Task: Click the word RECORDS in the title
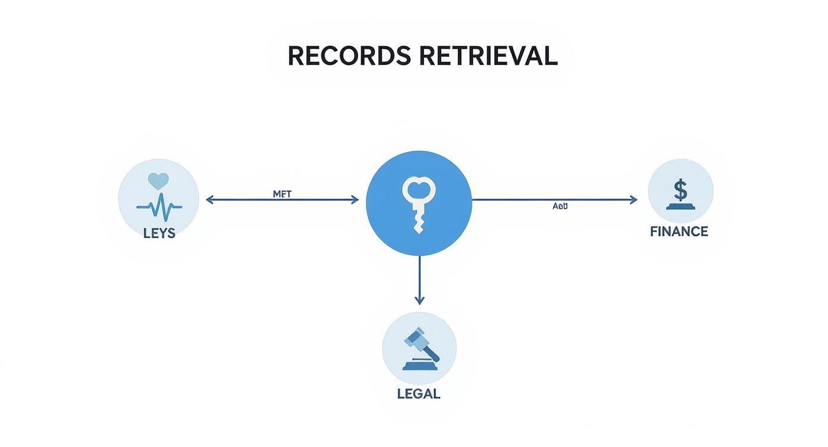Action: tap(349, 56)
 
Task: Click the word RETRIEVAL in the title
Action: tap(488, 56)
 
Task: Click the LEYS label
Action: tap(159, 234)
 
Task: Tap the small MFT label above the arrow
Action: tap(282, 194)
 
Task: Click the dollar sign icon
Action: tap(680, 190)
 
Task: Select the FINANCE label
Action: tap(679, 232)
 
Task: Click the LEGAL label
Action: tap(419, 394)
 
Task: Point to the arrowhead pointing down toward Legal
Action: tap(419, 300)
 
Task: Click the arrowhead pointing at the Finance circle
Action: tap(633, 200)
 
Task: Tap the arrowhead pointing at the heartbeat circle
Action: tap(210, 200)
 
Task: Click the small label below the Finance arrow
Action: tap(560, 206)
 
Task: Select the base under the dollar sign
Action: tap(680, 206)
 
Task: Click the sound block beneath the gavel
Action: tap(419, 365)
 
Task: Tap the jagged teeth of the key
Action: tap(419, 223)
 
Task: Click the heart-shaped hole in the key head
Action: tap(419, 188)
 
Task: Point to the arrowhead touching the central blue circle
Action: tap(355, 200)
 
